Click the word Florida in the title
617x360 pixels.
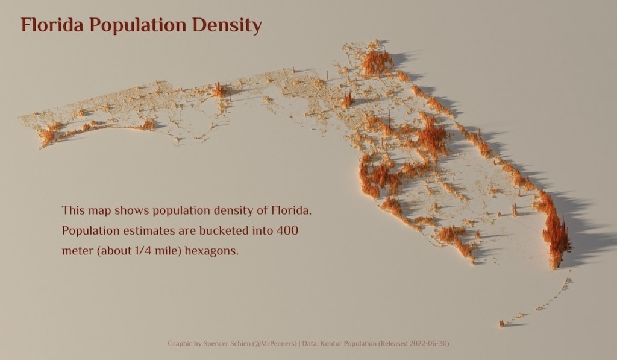tap(52, 25)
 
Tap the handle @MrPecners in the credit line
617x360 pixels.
tap(274, 344)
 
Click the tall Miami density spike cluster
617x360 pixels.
tap(557, 238)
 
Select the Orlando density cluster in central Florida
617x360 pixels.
tap(433, 136)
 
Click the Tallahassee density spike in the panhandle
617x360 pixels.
tap(218, 90)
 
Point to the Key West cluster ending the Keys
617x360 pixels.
tap(502, 324)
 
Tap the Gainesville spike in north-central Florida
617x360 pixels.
tap(347, 99)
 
